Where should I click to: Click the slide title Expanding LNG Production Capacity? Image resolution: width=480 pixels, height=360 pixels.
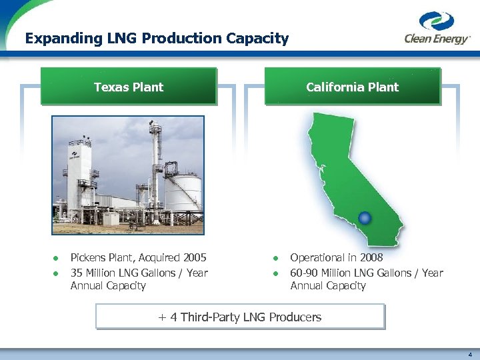click(157, 39)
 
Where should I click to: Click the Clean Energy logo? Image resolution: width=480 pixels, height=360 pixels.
click(437, 29)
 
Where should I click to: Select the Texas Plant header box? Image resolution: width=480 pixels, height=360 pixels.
click(129, 87)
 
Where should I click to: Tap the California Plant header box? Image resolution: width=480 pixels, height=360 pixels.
click(352, 87)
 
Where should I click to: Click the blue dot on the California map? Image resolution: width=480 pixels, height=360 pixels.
click(364, 217)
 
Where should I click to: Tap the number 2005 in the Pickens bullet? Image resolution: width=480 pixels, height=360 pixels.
click(193, 257)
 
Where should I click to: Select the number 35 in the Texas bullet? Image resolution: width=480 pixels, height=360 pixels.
click(77, 272)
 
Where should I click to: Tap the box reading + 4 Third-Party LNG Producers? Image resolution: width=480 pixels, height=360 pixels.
click(240, 317)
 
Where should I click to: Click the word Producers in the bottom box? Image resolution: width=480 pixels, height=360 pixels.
click(295, 317)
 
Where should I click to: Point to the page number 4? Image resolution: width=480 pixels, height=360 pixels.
click(469, 355)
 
